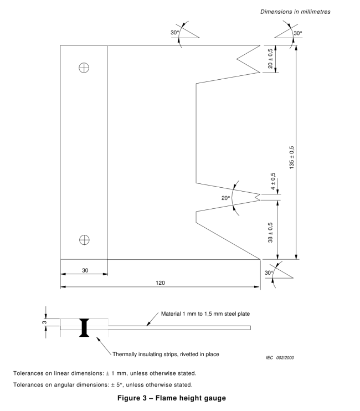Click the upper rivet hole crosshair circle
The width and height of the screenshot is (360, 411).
point(84,67)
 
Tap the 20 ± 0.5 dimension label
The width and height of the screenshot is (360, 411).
point(270,59)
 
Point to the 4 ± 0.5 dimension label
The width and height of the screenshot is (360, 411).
point(272,183)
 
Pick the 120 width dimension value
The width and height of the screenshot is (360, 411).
point(160,282)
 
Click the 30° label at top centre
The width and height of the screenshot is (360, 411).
point(175,33)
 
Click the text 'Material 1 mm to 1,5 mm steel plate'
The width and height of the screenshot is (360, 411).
point(205,314)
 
